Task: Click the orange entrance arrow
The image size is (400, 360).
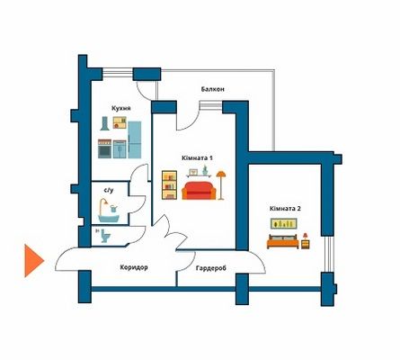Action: click(33, 260)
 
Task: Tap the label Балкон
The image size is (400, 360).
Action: click(213, 89)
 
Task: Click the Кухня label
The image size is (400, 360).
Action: click(121, 108)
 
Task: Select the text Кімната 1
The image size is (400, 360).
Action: click(197, 157)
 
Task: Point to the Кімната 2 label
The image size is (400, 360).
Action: click(285, 209)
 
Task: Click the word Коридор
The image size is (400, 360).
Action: click(134, 267)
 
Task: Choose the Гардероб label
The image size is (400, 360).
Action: click(211, 268)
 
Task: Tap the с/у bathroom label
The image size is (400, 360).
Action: click(109, 190)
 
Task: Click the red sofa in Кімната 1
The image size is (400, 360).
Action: click(199, 191)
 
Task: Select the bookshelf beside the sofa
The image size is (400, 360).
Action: click(169, 185)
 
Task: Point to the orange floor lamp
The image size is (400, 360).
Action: click(221, 185)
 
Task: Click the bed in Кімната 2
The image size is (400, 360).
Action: click(283, 241)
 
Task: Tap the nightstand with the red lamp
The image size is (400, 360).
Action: click(306, 241)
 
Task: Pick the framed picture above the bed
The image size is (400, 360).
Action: click(284, 223)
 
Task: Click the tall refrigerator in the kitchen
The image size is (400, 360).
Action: click(135, 139)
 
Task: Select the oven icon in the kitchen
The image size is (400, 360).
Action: click(104, 148)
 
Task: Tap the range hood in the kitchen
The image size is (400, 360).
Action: click(104, 123)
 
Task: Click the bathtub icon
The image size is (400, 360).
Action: click(109, 211)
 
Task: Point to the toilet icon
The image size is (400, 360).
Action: click(105, 236)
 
